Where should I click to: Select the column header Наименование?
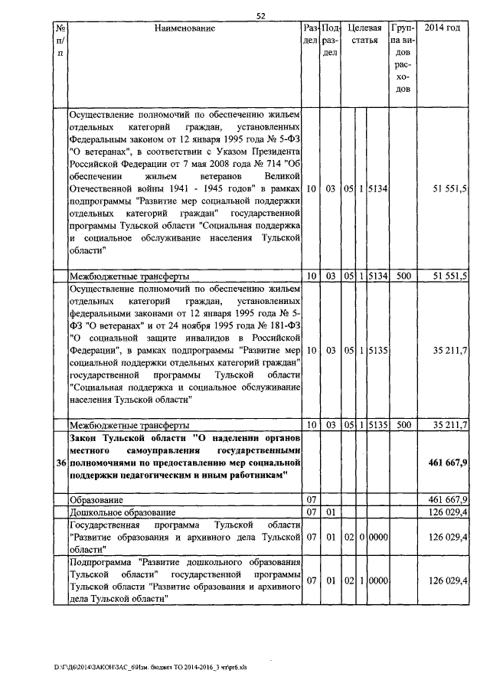click(x=185, y=28)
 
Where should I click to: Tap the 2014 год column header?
click(x=442, y=28)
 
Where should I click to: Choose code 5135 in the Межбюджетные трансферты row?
click(x=377, y=424)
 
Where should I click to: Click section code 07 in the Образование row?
click(x=311, y=499)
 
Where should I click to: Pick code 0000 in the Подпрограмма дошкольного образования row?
click(x=377, y=581)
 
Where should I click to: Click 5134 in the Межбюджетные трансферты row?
click(x=377, y=276)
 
